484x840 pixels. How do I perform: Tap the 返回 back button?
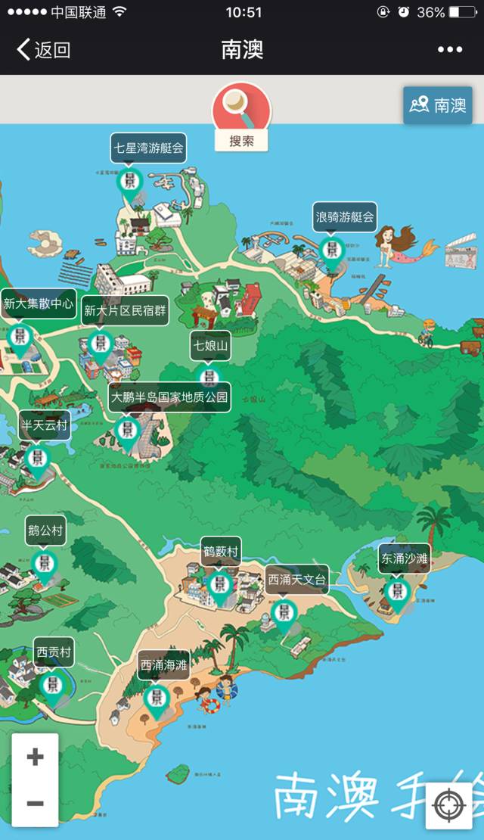[43, 50]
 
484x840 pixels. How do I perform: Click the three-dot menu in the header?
[450, 50]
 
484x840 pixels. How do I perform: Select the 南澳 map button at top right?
[438, 105]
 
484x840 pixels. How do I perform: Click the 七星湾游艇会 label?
[148, 148]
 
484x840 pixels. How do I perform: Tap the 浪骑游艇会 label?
[345, 216]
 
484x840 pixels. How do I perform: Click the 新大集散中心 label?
[39, 303]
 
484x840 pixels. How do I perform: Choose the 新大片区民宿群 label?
[126, 310]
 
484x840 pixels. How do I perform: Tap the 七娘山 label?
[210, 346]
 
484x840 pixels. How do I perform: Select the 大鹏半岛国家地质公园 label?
[169, 397]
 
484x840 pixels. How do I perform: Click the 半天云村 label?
[44, 425]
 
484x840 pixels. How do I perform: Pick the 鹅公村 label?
[45, 530]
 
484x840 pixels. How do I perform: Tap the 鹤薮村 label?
[221, 551]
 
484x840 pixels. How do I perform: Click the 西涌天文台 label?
[296, 580]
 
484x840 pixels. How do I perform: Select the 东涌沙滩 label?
[405, 558]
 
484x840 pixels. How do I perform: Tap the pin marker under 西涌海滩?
[156, 700]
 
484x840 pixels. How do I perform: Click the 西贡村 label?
[54, 652]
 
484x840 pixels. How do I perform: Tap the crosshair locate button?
[448, 806]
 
